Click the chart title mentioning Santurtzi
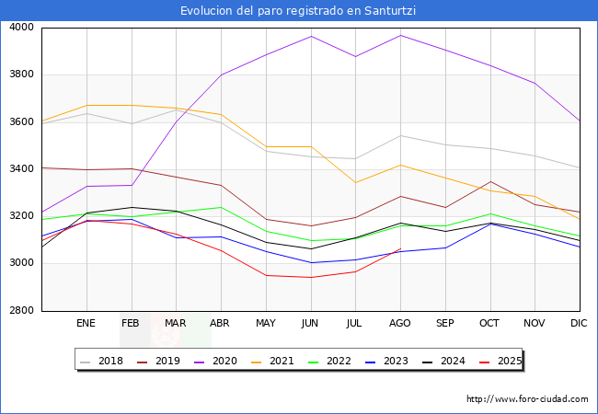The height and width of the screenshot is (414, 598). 299,11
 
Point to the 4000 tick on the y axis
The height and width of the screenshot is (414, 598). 20,28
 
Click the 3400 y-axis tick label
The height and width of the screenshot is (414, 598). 20,169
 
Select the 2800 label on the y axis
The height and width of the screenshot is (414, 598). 20,311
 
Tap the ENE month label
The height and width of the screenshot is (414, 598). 86,323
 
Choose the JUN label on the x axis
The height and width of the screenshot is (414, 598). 310,323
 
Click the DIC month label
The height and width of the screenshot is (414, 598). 580,323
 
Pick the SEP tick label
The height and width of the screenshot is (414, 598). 444,323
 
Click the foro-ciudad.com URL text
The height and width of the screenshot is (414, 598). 527,399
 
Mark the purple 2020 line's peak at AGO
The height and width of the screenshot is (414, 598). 400,36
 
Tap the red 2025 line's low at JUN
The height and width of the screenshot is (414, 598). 310,277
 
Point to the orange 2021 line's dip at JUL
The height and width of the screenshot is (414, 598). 355,182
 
